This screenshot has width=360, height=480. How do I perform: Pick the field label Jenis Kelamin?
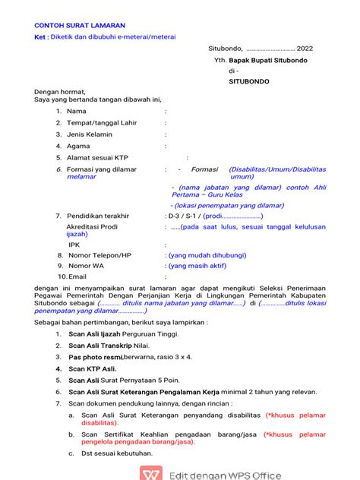[90, 134]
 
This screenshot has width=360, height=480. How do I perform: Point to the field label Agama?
[79, 147]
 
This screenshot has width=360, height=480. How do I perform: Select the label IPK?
[74, 245]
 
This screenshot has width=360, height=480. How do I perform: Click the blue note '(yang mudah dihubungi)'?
[203, 256]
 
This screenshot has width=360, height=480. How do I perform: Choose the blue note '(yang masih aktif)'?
[197, 267]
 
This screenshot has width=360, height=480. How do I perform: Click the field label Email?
[77, 277]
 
